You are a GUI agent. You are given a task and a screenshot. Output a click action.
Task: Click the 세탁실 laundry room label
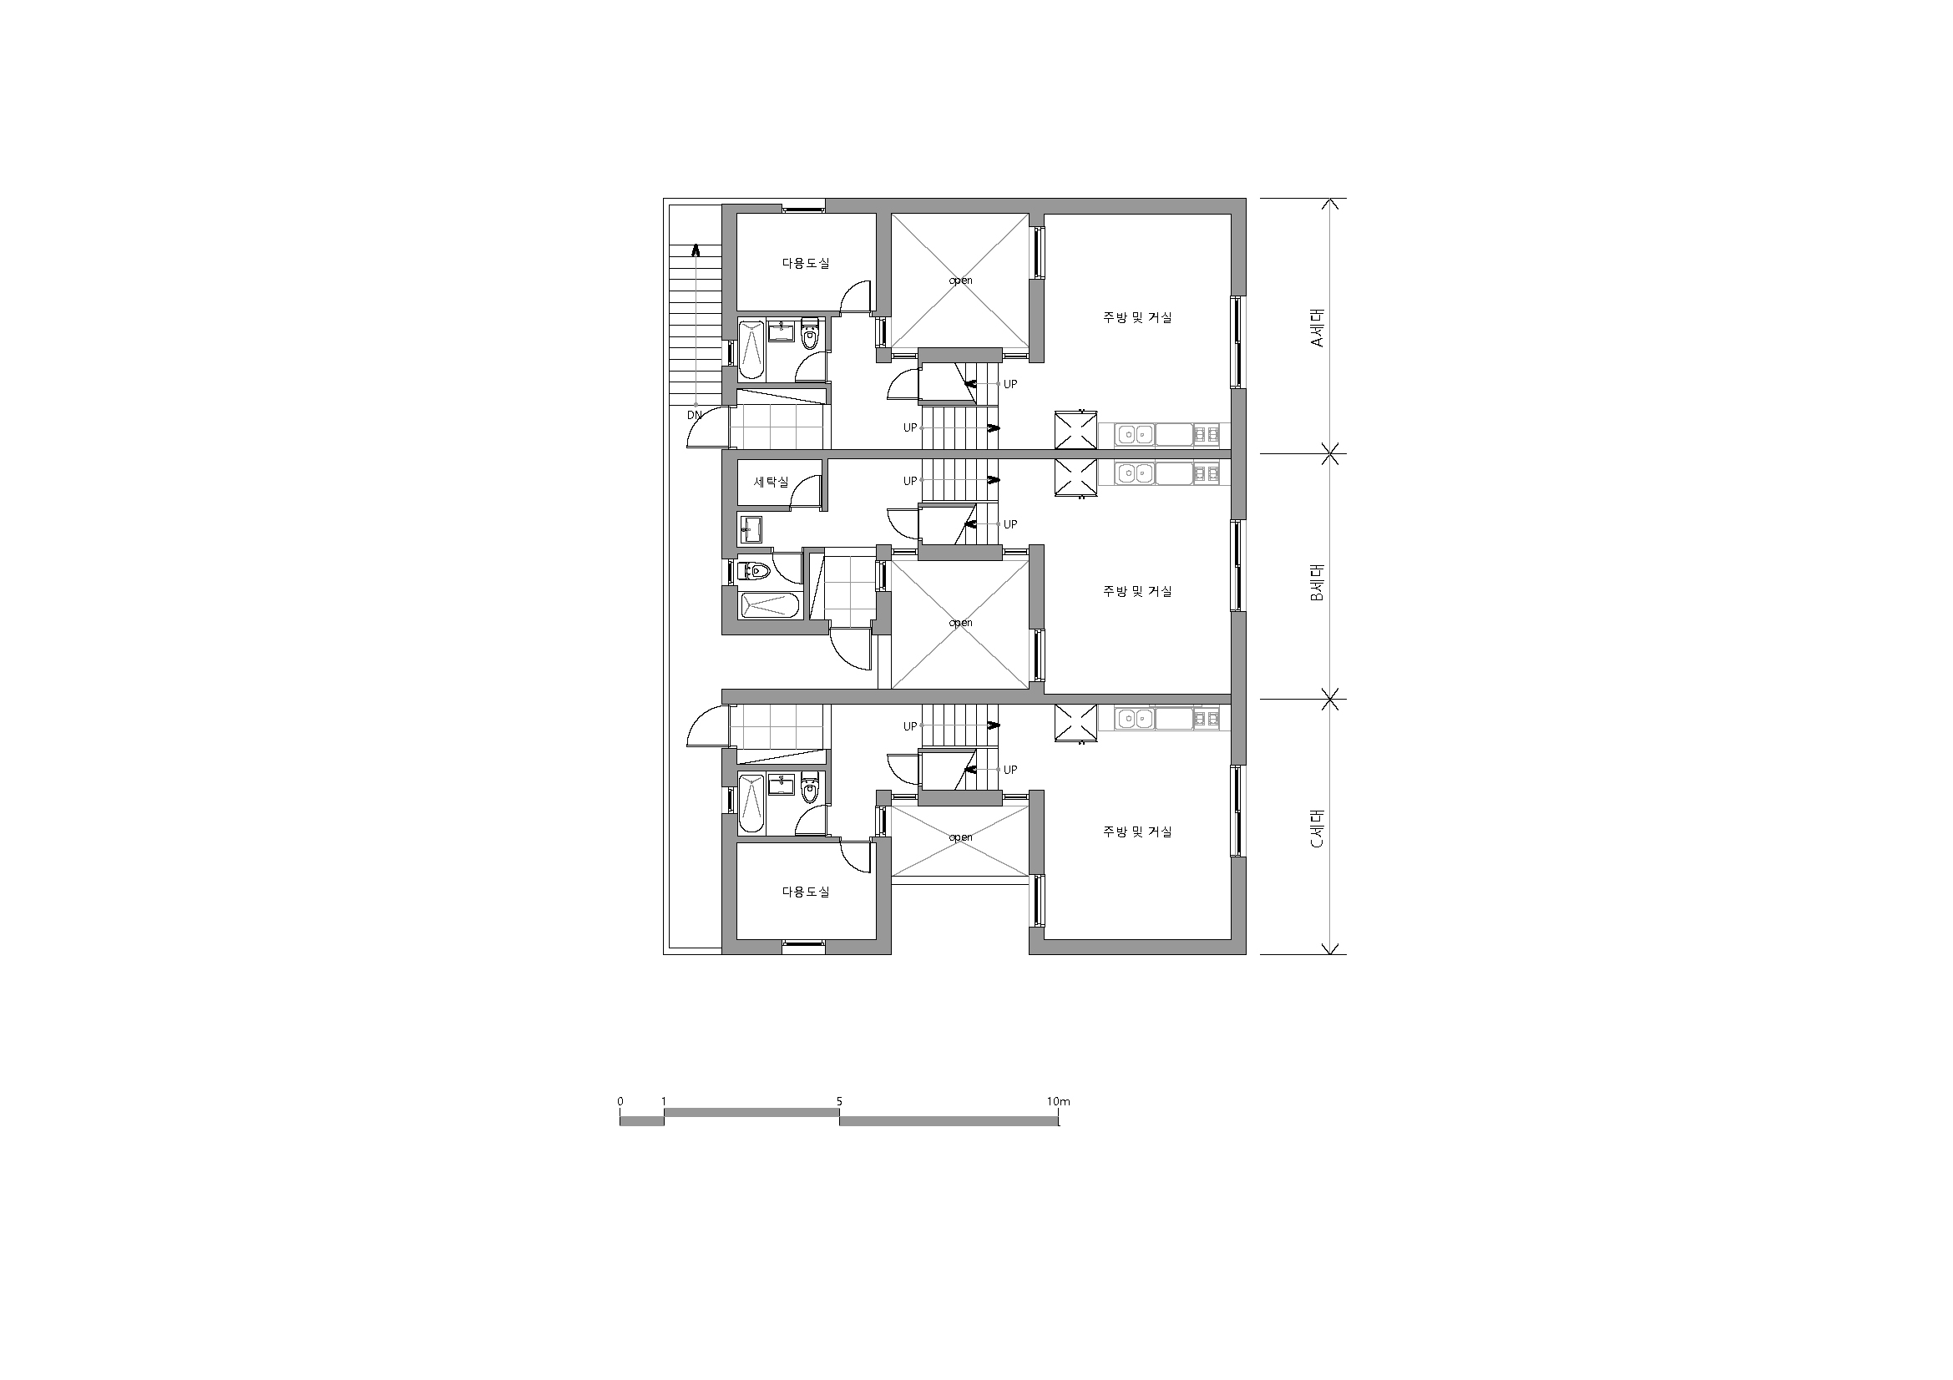[772, 482]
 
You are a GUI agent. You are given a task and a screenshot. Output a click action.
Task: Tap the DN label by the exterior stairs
[695, 416]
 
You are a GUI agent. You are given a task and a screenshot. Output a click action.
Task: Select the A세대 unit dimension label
[1317, 326]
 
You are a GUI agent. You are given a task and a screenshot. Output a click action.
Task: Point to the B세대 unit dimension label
[1317, 583]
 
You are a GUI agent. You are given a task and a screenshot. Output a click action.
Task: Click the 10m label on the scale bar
[1059, 1101]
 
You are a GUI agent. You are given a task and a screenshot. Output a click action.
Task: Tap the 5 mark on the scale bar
[838, 1101]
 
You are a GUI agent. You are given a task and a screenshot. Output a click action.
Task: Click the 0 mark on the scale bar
[620, 1101]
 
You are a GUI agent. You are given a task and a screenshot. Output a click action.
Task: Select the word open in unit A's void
[960, 281]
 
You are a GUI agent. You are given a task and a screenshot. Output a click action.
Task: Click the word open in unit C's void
[960, 837]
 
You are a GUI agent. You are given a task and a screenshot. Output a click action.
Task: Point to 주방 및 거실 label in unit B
[1137, 591]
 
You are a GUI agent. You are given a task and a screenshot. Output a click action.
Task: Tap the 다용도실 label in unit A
[806, 264]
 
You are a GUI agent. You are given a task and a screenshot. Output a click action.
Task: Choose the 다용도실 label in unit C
[806, 892]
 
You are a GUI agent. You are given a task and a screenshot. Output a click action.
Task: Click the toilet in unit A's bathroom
[810, 333]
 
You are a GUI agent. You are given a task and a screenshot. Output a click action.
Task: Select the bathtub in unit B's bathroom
[769, 604]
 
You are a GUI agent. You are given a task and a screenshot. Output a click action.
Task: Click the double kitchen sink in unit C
[1134, 720]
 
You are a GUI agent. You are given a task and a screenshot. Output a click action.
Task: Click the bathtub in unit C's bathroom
[752, 803]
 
